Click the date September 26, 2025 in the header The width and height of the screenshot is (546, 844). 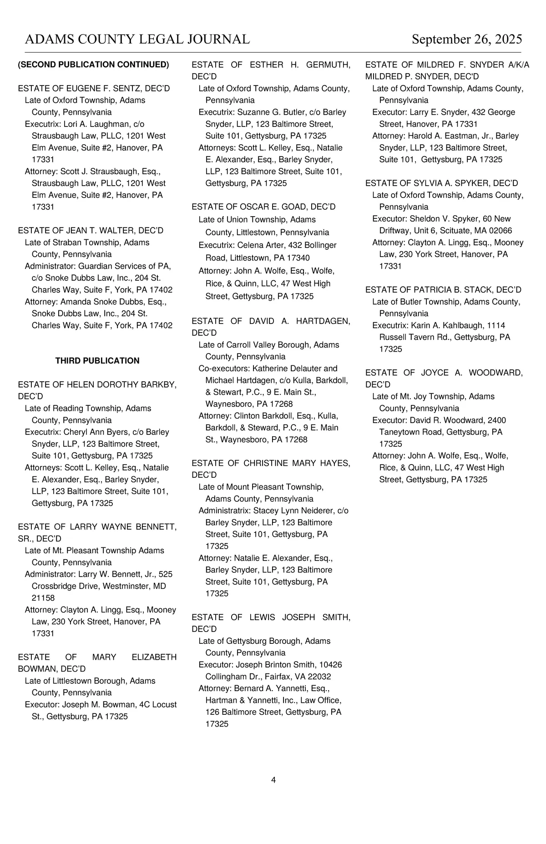tap(467, 40)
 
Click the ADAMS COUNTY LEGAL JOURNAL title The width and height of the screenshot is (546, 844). tap(137, 40)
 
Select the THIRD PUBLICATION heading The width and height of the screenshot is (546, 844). tap(97, 361)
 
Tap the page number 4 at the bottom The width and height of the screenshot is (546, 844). tap(273, 780)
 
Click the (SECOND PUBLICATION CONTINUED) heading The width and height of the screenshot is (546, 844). tap(93, 65)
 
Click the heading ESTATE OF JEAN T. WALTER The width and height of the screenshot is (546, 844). tap(91, 231)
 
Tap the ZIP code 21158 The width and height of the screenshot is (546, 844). tap(43, 598)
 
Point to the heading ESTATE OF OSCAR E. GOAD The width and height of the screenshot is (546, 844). tap(263, 207)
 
